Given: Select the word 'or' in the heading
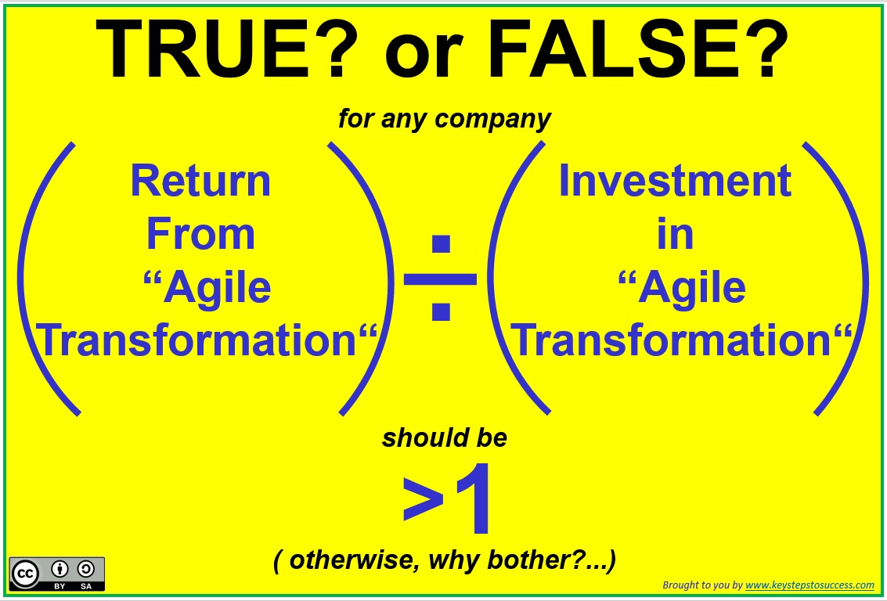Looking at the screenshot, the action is point(424,56).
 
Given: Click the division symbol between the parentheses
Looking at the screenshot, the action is point(440,278).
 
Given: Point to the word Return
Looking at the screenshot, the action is point(201,181).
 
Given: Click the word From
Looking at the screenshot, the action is point(201,234).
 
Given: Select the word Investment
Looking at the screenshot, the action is point(675,181).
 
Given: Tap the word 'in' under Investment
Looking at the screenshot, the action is point(675,234).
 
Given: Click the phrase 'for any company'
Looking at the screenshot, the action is point(445,119).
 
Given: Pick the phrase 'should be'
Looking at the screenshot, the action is point(445,438).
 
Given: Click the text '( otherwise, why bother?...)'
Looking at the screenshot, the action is point(445,560).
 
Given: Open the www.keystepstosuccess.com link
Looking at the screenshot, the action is point(809,585).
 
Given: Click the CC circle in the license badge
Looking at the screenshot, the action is point(26,574).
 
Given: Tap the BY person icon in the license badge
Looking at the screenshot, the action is point(60,569).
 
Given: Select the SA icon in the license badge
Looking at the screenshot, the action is point(86,569).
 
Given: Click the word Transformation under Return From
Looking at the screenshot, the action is point(198,340).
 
